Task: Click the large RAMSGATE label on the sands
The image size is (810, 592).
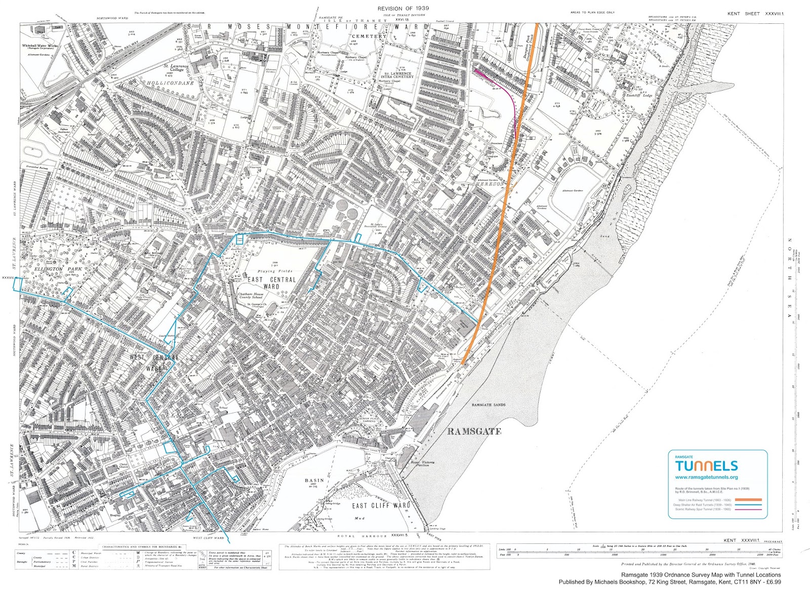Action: (474, 431)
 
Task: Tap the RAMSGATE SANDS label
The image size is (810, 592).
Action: (488, 405)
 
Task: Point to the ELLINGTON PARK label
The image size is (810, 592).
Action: (56, 269)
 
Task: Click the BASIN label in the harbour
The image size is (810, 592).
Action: (314, 480)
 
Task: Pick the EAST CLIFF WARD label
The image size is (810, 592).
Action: (381, 505)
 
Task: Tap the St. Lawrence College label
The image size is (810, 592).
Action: (176, 68)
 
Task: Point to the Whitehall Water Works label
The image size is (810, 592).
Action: (40, 46)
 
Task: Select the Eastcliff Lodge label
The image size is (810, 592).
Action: (639, 95)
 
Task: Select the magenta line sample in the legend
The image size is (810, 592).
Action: (744, 509)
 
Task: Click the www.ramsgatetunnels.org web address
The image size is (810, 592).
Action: (706, 477)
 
